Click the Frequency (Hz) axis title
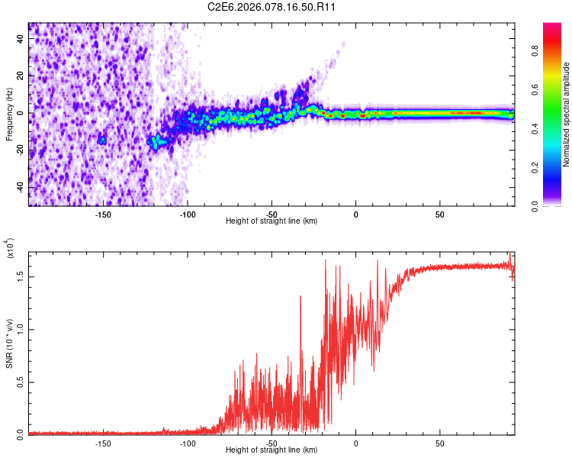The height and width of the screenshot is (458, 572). (9, 114)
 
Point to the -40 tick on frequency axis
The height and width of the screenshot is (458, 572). (19, 187)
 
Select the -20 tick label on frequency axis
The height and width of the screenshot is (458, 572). (19, 150)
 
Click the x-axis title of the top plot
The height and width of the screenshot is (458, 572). (272, 221)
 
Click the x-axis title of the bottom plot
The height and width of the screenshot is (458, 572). (272, 450)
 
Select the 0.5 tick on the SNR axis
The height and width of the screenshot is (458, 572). (21, 381)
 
